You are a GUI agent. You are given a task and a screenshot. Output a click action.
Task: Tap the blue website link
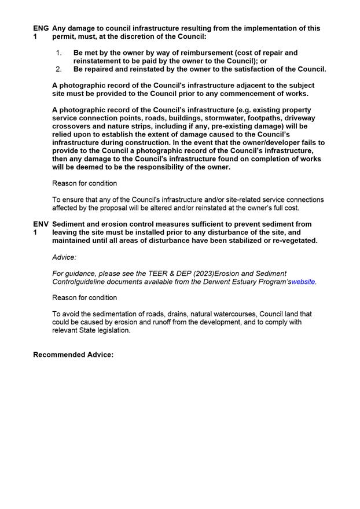(x=303, y=282)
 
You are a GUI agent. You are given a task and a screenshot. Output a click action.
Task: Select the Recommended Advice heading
(x=73, y=355)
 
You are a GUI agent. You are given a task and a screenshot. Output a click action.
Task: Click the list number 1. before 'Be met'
(x=59, y=53)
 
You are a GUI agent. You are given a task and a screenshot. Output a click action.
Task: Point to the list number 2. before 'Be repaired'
(x=59, y=69)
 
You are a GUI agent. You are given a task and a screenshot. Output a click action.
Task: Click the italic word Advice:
(x=64, y=257)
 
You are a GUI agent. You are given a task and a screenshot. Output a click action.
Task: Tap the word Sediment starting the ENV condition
(x=71, y=224)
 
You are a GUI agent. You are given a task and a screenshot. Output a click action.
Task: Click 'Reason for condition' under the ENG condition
(x=85, y=183)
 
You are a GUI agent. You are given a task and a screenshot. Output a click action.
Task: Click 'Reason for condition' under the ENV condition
(x=85, y=297)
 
